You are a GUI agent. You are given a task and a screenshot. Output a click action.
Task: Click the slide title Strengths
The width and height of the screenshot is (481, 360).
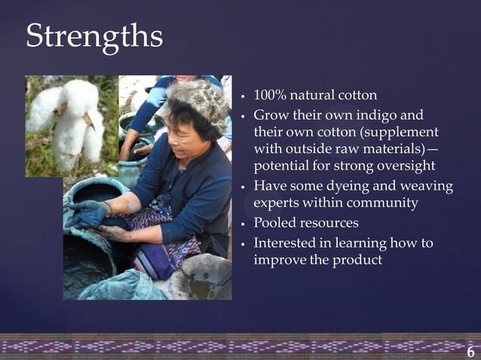[x=93, y=36]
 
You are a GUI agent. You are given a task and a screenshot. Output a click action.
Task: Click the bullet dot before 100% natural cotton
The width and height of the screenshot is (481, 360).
[x=242, y=98]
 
